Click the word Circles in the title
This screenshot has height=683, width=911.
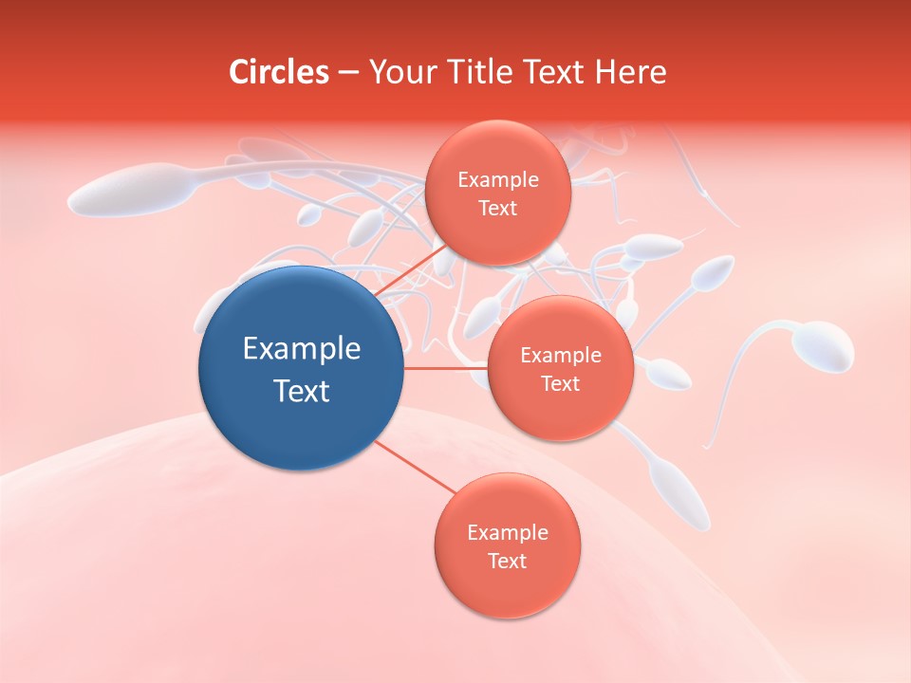coord(279,72)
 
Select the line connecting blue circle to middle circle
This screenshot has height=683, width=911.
coord(445,368)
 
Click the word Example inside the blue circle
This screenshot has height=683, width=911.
coord(302,349)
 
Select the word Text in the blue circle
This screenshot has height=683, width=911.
coord(302,391)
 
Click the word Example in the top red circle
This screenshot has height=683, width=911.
coord(498,180)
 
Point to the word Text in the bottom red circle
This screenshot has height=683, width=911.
coord(507,561)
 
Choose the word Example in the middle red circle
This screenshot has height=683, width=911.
coord(561,356)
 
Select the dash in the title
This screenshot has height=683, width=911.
coord(348,72)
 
